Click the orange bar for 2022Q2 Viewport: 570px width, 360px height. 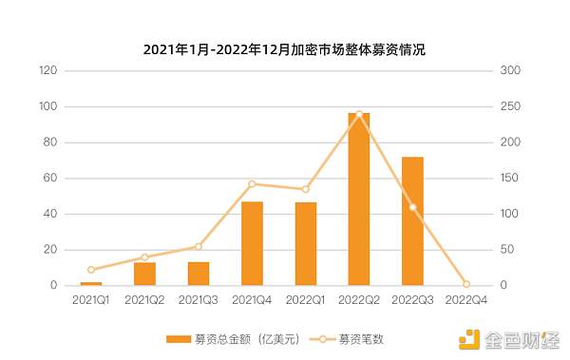359,199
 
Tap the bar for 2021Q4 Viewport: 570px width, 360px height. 252,243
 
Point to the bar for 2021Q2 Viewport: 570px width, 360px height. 144,274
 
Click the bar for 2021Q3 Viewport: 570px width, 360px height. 199,274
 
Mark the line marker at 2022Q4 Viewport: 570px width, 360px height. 465,284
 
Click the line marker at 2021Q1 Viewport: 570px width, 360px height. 91,270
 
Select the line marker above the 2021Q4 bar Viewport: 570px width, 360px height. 252,183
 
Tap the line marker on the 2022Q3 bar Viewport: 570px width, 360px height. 412,207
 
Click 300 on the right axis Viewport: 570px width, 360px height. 511,71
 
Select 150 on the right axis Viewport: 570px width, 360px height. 511,179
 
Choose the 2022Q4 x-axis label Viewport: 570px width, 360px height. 465,299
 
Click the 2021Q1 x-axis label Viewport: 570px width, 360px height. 91,299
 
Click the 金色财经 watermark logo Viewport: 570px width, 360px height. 508,339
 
